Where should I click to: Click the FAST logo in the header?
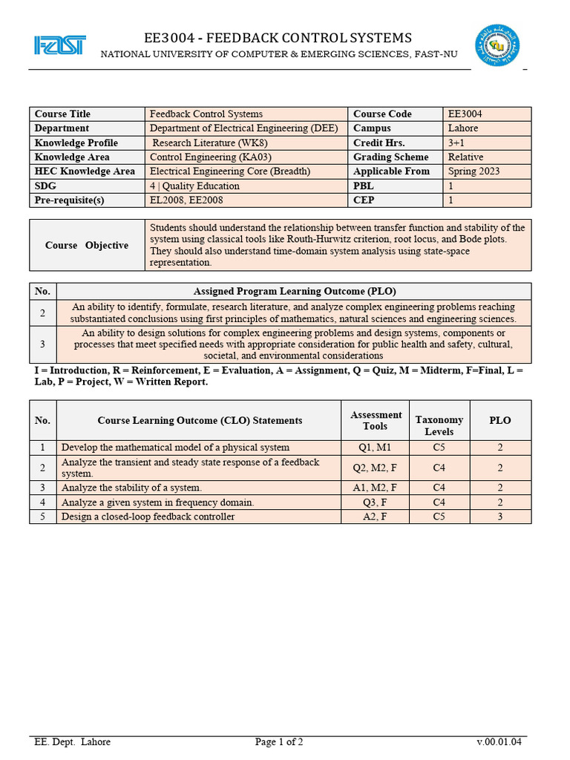59,45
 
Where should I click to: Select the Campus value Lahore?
463,128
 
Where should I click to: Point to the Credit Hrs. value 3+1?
456,142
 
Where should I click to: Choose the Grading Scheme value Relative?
465,157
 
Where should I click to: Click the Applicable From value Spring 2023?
474,171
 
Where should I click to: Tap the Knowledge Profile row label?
76,142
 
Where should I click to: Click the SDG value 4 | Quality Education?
194,186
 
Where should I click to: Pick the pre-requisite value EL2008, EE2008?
186,200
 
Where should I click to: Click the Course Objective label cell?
86,245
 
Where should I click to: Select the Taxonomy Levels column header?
439,425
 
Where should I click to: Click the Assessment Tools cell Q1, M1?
375,448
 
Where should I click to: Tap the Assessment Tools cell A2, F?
375,517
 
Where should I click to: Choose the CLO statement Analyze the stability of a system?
131,488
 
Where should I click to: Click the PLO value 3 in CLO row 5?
500,517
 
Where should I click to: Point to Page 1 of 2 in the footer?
279,741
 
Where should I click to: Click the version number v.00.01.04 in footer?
499,741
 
